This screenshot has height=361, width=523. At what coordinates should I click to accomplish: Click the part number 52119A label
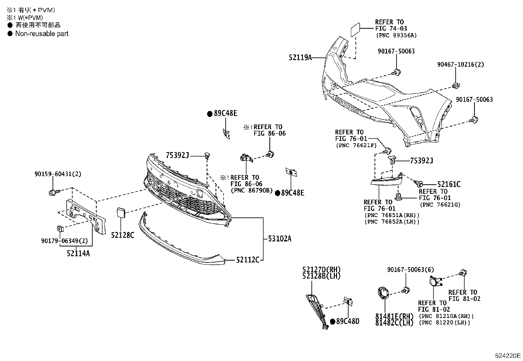tap(300, 58)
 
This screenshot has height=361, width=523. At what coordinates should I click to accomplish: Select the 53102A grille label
tap(279, 238)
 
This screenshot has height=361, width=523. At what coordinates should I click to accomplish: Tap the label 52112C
tap(248, 260)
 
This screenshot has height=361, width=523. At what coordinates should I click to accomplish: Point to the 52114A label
tap(78, 253)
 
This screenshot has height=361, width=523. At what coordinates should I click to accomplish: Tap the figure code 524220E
tap(508, 355)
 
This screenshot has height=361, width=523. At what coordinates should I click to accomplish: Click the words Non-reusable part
tap(42, 34)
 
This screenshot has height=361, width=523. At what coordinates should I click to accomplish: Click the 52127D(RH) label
tap(321, 270)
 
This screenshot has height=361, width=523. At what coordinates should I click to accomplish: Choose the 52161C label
tap(448, 185)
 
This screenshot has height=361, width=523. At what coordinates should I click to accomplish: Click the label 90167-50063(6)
tap(410, 270)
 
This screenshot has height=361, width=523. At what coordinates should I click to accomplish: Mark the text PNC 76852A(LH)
tap(392, 222)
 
